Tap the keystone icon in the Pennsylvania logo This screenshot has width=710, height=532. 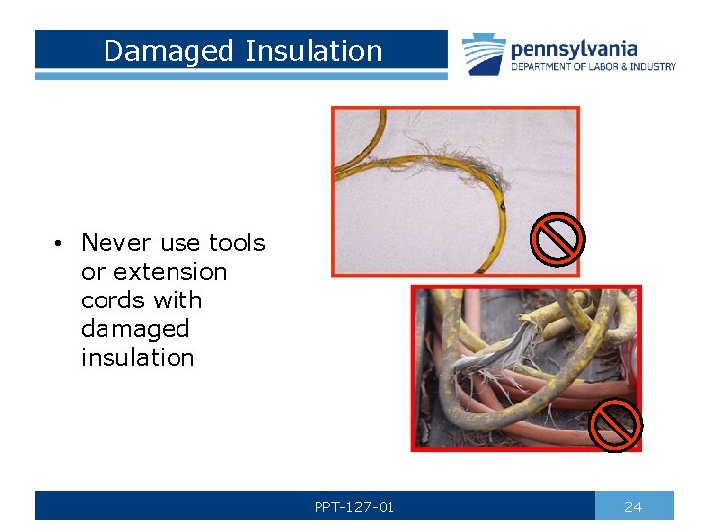pos(485,53)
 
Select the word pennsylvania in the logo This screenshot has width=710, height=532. pos(573,48)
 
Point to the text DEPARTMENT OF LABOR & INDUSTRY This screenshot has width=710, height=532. pos(593,67)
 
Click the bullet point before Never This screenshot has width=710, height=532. pos(60,243)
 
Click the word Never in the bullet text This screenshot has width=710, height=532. pos(116,242)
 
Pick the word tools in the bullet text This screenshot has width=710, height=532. pos(237,242)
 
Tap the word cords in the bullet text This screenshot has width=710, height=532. pos(111,299)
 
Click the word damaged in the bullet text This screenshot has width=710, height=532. pos(134,328)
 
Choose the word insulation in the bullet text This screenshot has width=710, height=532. pos(137,357)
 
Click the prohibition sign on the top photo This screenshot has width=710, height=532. pos(557,240)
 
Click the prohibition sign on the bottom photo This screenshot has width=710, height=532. pos(615,424)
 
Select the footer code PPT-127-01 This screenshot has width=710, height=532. pos(354,507)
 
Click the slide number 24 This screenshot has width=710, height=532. pos(633,507)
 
